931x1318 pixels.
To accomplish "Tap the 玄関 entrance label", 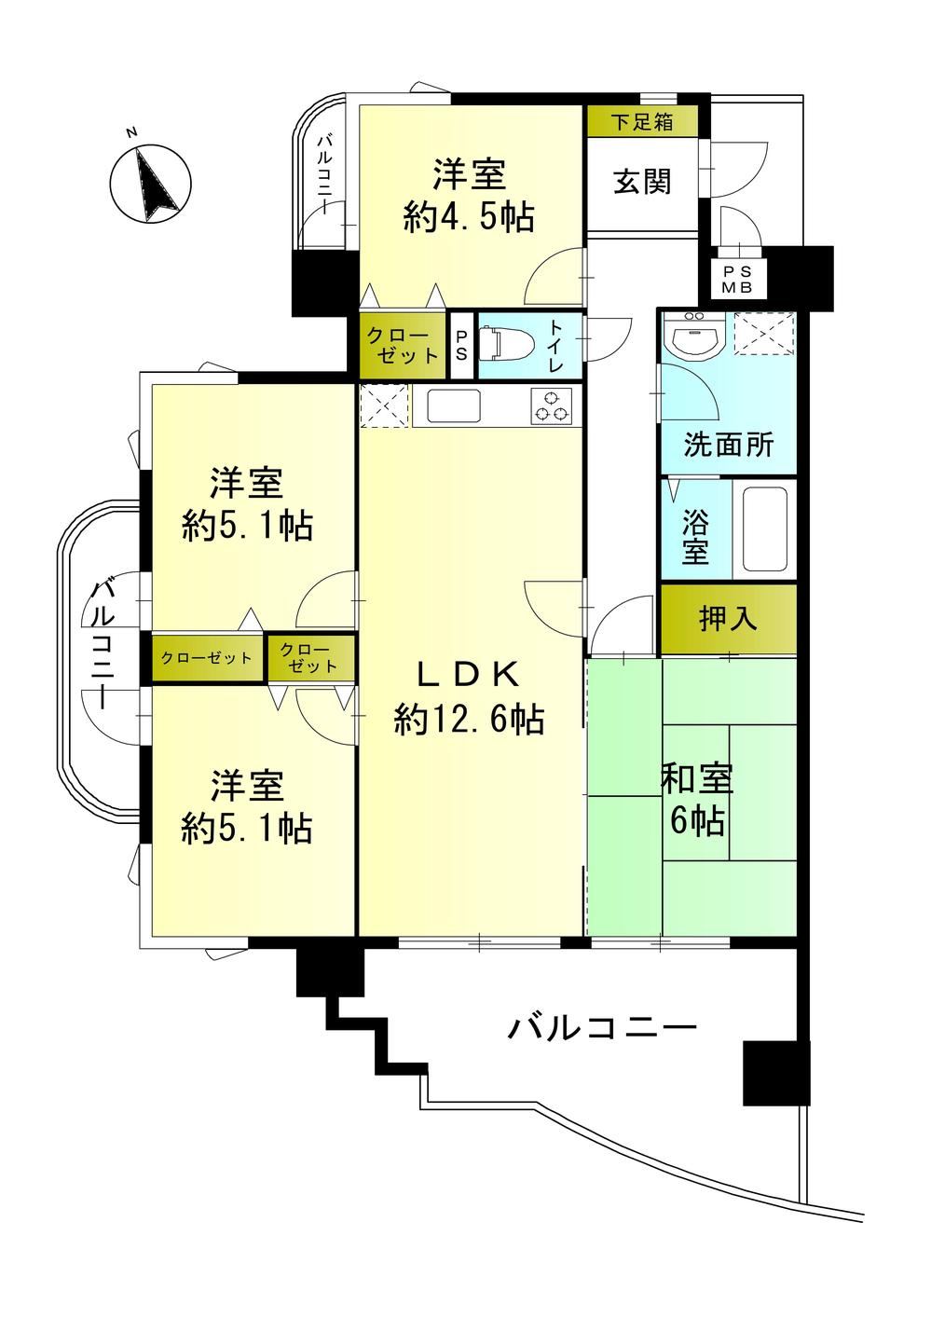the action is (x=642, y=181).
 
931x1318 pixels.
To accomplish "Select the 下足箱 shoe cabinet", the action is (x=642, y=122).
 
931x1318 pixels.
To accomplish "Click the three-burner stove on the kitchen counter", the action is (x=552, y=406).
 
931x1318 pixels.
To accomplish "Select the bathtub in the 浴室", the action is (x=764, y=529).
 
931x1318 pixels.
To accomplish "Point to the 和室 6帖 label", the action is (x=697, y=800).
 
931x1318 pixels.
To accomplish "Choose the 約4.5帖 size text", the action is (x=469, y=217).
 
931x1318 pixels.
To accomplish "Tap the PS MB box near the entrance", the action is (x=737, y=280).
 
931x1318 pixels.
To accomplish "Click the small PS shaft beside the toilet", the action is (x=461, y=346).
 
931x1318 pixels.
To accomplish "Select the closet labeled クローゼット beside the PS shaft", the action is (x=403, y=346).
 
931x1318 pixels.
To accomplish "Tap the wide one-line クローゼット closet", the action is (x=207, y=658).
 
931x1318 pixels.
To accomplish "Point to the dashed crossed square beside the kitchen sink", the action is (x=384, y=405).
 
